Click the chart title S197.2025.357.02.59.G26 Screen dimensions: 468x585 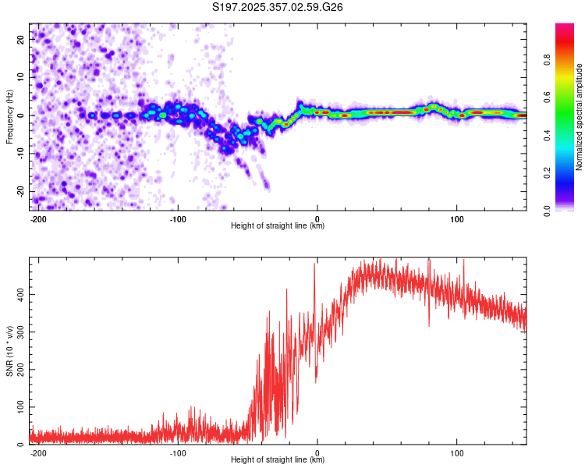click(x=278, y=7)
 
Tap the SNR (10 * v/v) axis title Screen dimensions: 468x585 click(x=9, y=351)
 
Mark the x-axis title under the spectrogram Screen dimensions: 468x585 click(x=278, y=226)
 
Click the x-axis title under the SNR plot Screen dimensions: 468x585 click(x=278, y=460)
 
